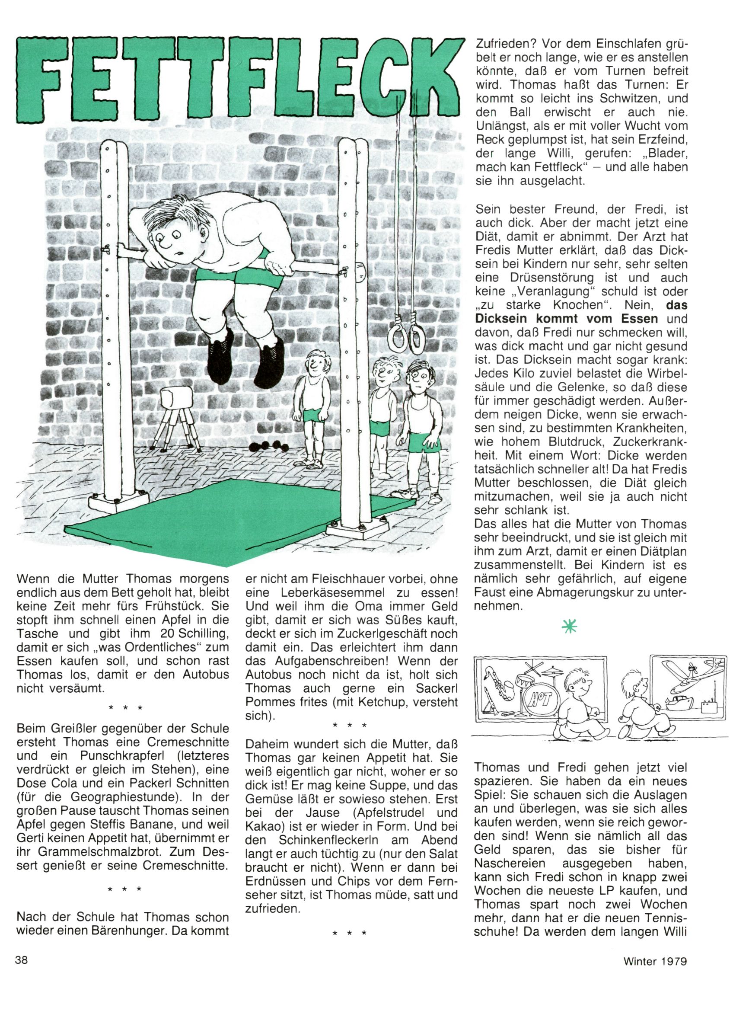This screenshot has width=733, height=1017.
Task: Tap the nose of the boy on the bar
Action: click(x=165, y=245)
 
